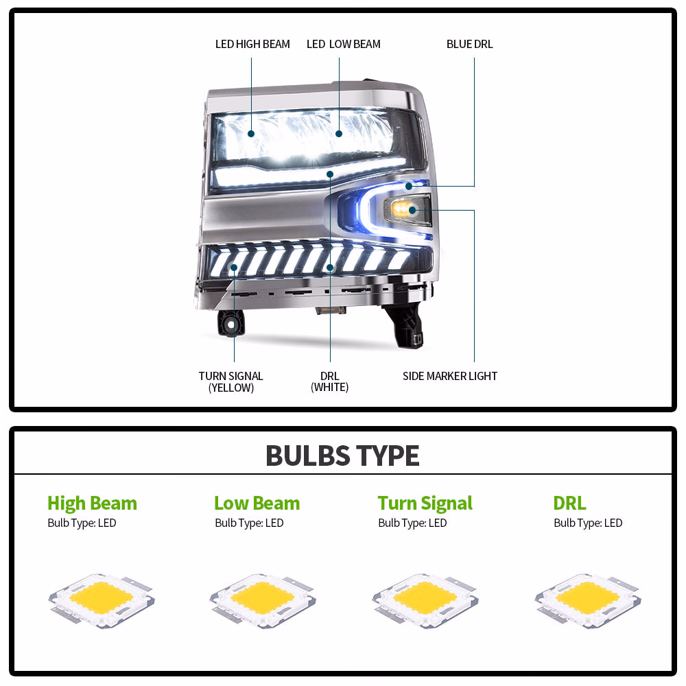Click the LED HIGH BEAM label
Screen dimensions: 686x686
pyautogui.click(x=252, y=44)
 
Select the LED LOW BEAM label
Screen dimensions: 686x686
pyautogui.click(x=344, y=44)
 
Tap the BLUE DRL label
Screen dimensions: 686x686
pyautogui.click(x=469, y=44)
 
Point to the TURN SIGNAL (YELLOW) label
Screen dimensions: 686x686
pyautogui.click(x=231, y=381)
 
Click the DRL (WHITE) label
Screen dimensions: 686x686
pyautogui.click(x=330, y=381)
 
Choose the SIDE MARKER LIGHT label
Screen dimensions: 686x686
pyautogui.click(x=450, y=376)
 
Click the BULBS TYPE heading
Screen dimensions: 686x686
pyautogui.click(x=342, y=456)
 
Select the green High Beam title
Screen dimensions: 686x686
pyautogui.click(x=93, y=504)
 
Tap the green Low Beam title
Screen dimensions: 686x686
pyautogui.click(x=257, y=503)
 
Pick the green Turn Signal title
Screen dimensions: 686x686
pyautogui.click(x=425, y=504)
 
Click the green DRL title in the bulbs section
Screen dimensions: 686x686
pyautogui.click(x=569, y=503)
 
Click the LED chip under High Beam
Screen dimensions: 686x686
pyautogui.click(x=102, y=601)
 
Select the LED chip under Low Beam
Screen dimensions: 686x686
pyautogui.click(x=263, y=601)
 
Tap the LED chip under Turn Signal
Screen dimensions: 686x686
pyautogui.click(x=426, y=601)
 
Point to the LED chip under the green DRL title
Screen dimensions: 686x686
pyautogui.click(x=588, y=601)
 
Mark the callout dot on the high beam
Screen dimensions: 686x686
pyautogui.click(x=251, y=134)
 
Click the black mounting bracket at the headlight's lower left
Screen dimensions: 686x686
pyautogui.click(x=230, y=324)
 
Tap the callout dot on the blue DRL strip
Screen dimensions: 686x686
pyautogui.click(x=409, y=187)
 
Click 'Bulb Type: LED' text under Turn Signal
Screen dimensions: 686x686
pyautogui.click(x=412, y=523)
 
